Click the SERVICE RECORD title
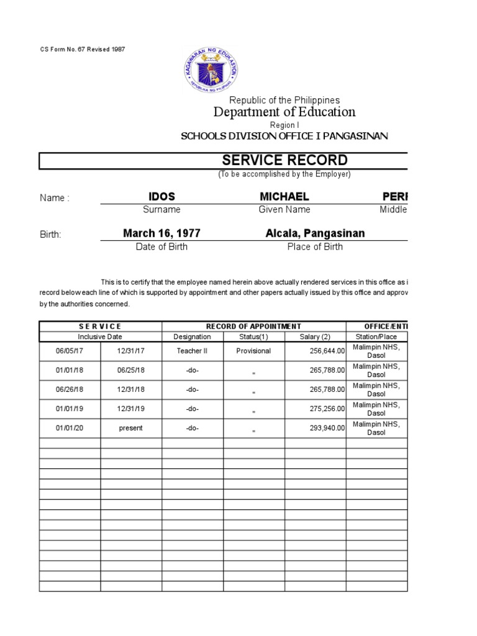[x=285, y=160]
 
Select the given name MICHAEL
[x=284, y=197]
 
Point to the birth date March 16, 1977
[x=161, y=234]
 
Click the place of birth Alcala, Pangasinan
[x=315, y=234]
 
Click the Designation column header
[x=193, y=337]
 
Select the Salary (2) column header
[x=315, y=337]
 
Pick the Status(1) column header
[x=253, y=337]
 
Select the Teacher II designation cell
[x=193, y=351]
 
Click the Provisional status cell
[x=253, y=351]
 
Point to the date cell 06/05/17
[x=70, y=351]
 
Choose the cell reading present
[x=131, y=428]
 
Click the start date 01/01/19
[x=70, y=409]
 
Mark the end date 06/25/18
[x=131, y=370]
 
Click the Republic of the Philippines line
[x=284, y=100]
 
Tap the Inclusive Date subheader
[x=100, y=337]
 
